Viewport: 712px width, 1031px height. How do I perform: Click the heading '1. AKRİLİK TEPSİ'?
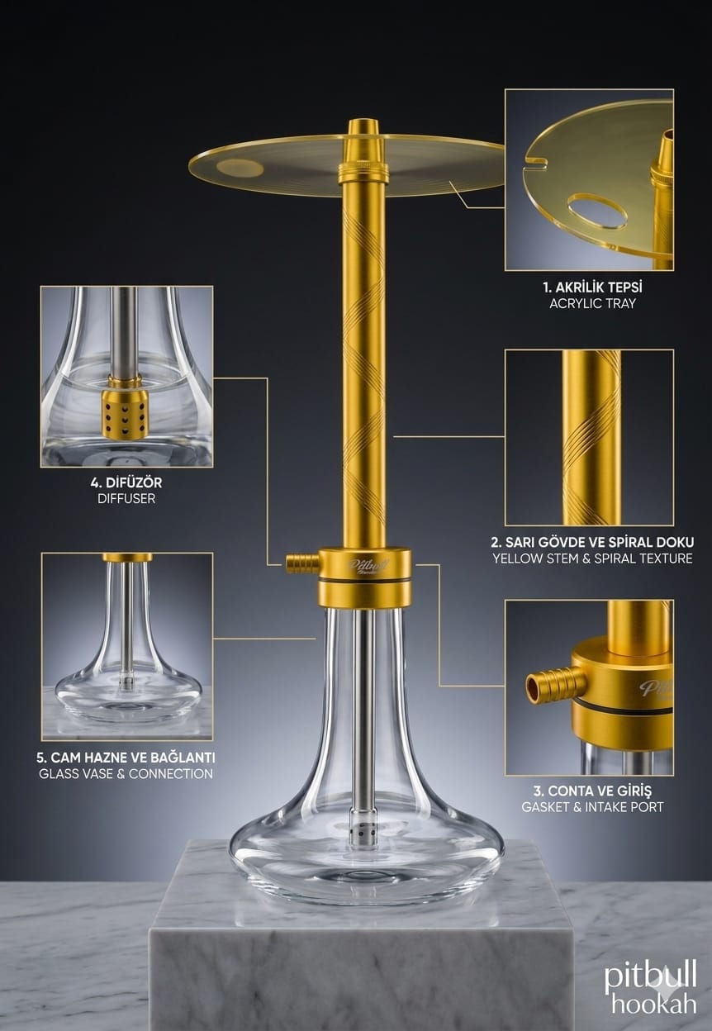[592, 287]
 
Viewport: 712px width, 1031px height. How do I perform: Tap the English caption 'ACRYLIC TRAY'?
[592, 304]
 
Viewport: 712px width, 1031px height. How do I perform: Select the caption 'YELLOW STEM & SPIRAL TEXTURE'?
[592, 558]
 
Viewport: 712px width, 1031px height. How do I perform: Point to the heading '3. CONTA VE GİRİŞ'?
[592, 791]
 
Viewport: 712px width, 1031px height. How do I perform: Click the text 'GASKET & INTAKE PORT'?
[592, 807]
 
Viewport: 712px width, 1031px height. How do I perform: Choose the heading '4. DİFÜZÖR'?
[126, 482]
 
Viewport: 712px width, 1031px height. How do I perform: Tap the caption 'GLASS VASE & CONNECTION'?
[126, 774]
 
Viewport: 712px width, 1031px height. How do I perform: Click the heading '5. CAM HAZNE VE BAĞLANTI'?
[126, 758]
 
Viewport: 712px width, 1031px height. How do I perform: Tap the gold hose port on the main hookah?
[302, 563]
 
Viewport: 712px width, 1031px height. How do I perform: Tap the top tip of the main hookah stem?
[363, 121]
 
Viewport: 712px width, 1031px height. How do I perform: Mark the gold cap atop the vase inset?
[127, 558]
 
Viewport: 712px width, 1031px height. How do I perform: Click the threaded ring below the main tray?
[363, 174]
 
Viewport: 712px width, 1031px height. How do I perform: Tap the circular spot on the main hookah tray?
[240, 168]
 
